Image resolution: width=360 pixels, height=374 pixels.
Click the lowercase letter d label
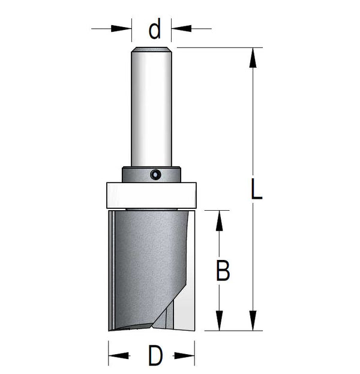(154, 29)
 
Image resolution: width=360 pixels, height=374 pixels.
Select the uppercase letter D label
(155, 356)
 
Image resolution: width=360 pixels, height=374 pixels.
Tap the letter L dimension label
(257, 190)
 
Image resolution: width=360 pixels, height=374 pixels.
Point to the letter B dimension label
(223, 271)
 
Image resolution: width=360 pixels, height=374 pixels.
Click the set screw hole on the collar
(155, 175)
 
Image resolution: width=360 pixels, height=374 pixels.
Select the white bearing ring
(151, 195)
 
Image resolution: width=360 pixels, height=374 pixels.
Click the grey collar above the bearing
(151, 174)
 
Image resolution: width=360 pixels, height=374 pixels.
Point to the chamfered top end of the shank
(151, 49)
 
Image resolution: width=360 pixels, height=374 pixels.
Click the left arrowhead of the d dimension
(121, 29)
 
